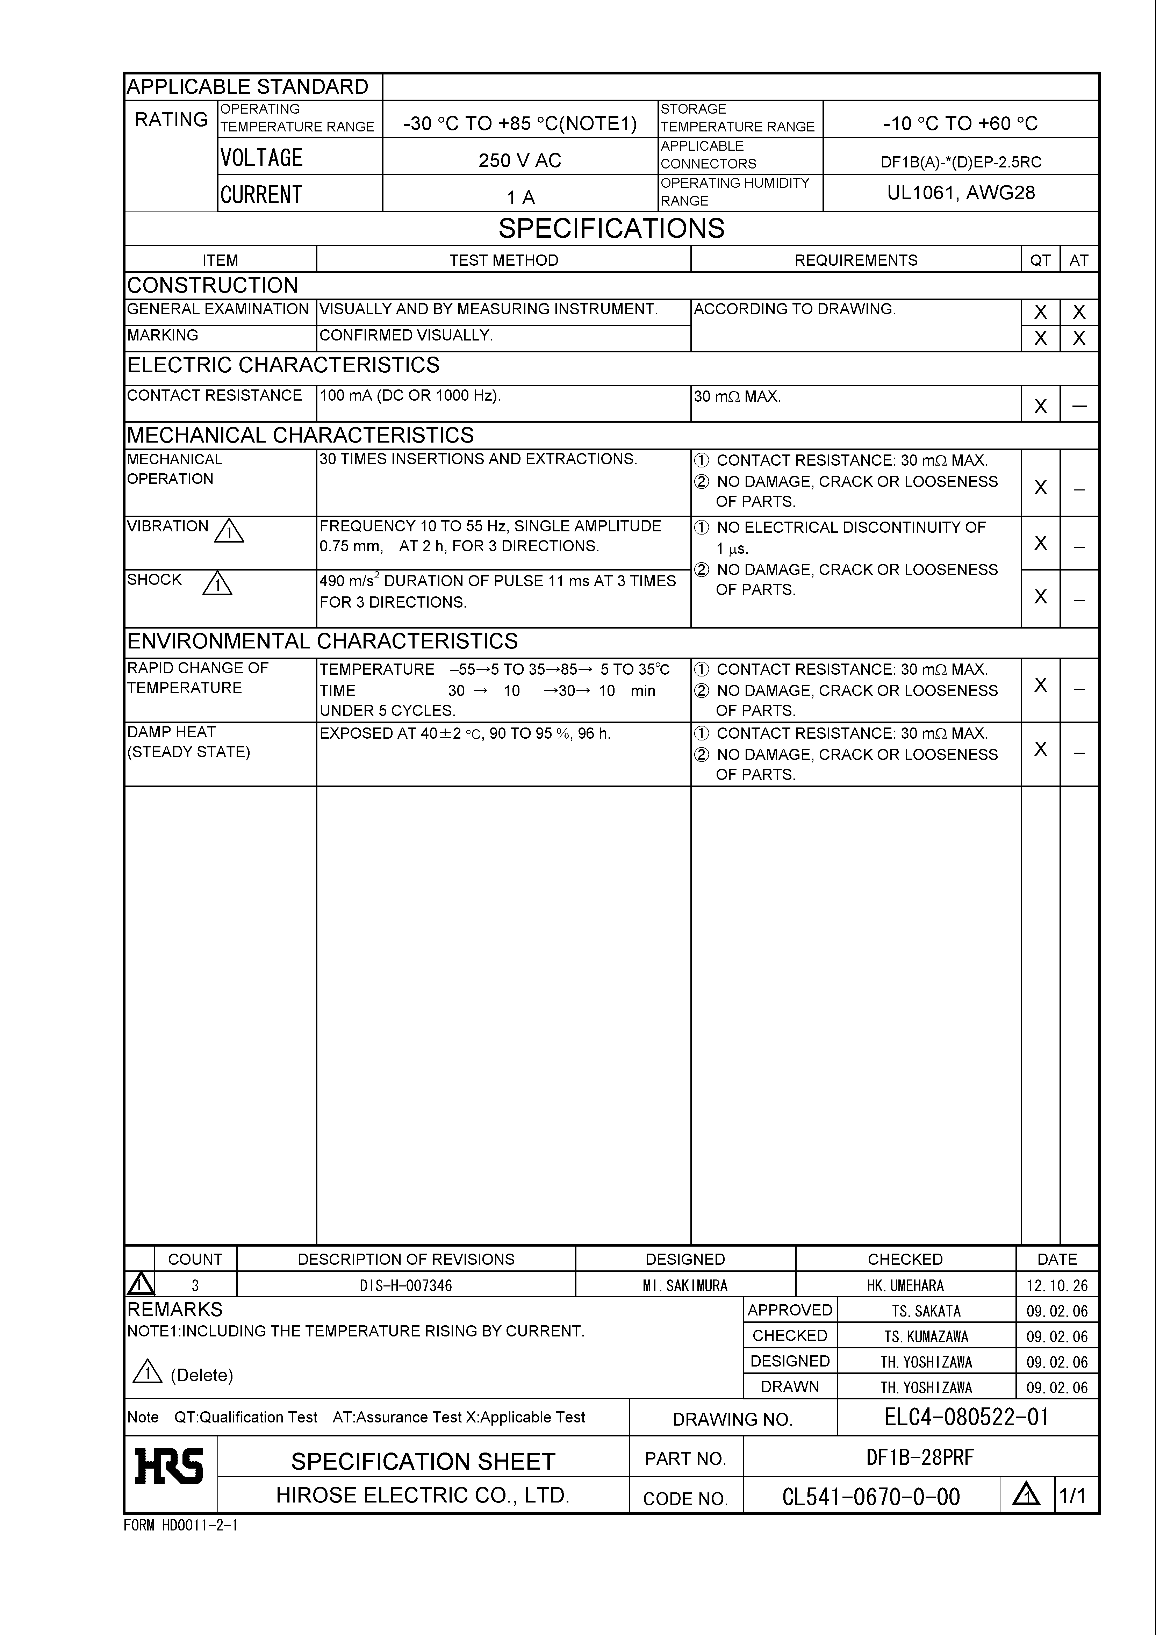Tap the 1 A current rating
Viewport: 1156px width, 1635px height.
click(x=520, y=197)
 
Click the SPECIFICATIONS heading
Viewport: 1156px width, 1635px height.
click(x=611, y=229)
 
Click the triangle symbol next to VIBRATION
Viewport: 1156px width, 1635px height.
click(x=229, y=531)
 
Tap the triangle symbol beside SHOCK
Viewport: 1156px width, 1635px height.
click(x=217, y=584)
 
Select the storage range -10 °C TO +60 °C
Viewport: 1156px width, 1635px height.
click(x=960, y=123)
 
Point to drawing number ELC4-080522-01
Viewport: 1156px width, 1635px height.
click(x=967, y=1417)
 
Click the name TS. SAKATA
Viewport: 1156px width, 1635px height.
click(x=926, y=1311)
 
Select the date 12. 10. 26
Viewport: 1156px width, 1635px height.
click(x=1057, y=1285)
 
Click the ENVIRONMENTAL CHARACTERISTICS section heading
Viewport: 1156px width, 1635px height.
click(x=322, y=641)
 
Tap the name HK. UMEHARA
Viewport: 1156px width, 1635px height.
click(x=905, y=1285)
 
